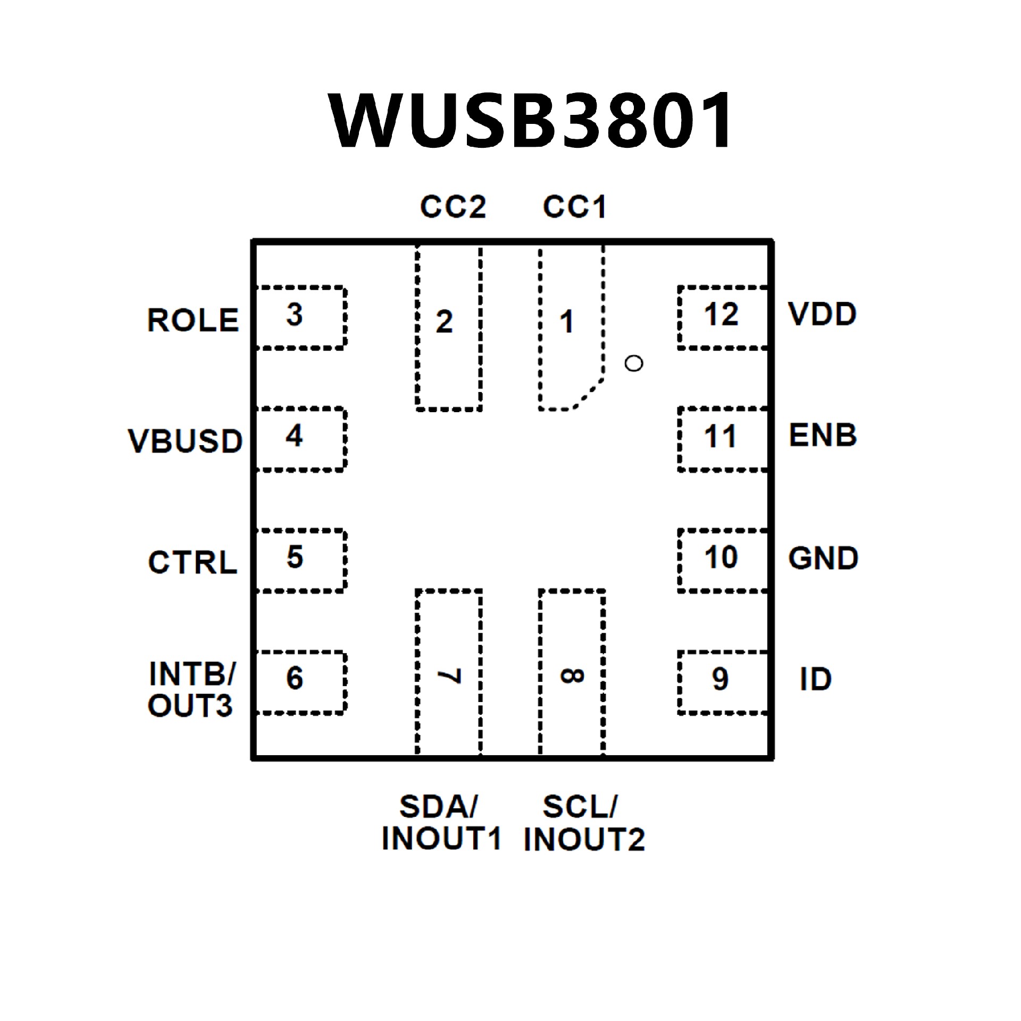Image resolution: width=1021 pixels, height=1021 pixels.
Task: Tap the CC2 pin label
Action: pos(453,207)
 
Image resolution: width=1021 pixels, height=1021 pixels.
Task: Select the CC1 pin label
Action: pos(575,207)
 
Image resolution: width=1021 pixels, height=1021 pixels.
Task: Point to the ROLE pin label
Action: pos(193,320)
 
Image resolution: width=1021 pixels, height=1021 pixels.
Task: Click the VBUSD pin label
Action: pos(186,441)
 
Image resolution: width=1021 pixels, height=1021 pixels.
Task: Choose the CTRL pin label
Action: pos(193,562)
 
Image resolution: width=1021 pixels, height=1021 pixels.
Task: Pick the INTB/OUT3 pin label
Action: pos(191,690)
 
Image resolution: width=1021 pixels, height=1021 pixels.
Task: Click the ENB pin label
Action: pos(823,436)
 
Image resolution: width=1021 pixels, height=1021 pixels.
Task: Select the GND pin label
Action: pos(823,558)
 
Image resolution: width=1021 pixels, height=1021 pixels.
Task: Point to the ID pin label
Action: pos(816,679)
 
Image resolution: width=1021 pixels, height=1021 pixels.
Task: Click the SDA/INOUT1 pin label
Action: pos(441,823)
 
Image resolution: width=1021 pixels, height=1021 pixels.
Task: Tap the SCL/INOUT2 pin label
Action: pos(584,823)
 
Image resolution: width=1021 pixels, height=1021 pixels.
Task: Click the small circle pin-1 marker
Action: pos(634,363)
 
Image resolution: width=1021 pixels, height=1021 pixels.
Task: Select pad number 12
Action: pos(722,314)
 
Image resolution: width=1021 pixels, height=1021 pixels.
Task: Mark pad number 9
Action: pos(720,679)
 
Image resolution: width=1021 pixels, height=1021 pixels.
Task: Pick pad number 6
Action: pos(295,678)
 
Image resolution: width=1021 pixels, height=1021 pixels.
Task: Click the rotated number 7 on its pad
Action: pos(449,676)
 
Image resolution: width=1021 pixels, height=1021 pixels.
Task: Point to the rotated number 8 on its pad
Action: pos(572,676)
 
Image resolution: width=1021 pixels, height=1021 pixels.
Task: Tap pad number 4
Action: pos(294,436)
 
